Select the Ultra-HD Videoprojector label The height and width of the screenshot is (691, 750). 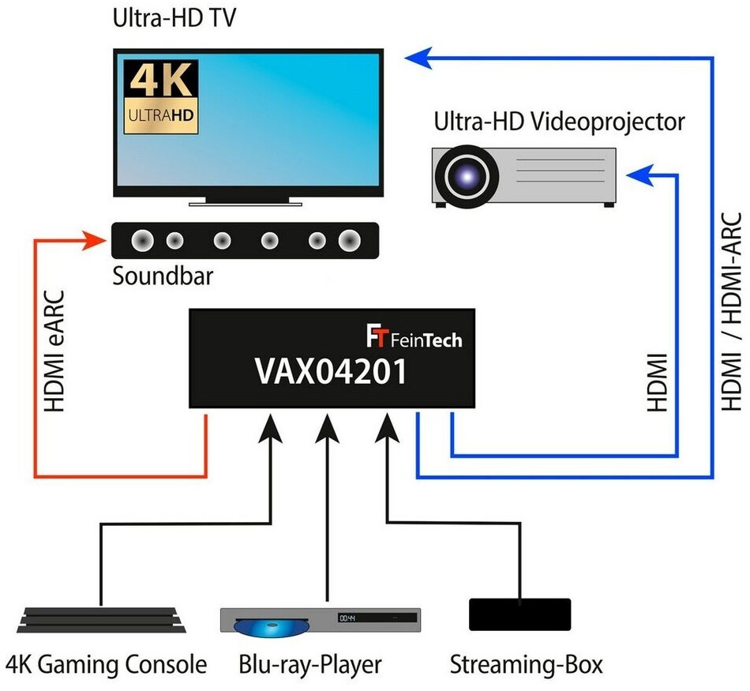tap(559, 122)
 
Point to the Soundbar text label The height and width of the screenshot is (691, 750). tap(163, 276)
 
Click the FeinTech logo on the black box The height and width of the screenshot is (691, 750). tap(414, 339)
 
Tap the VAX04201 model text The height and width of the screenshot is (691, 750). tap(331, 372)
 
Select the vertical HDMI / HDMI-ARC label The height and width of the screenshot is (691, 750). tap(733, 311)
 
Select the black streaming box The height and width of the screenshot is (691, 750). tap(519, 614)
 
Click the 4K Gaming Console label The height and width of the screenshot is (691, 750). tap(107, 664)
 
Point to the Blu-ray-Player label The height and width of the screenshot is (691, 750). tap(310, 664)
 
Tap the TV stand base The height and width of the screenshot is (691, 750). tap(247, 202)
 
